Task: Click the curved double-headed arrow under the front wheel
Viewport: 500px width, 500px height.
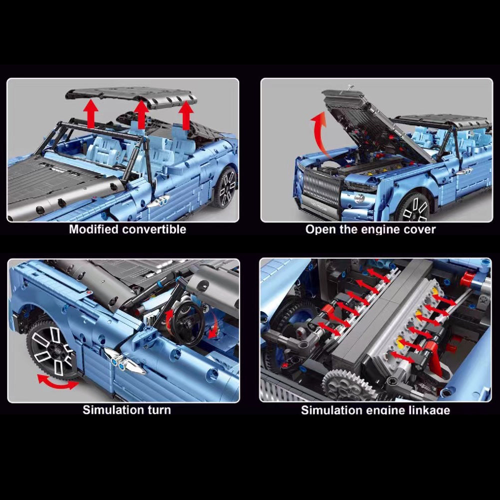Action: [x=57, y=384]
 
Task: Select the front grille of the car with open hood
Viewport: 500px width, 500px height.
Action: [x=322, y=187]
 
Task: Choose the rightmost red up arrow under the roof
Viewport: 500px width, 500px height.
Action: [x=186, y=116]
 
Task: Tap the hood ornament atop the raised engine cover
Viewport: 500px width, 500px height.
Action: [x=350, y=87]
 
